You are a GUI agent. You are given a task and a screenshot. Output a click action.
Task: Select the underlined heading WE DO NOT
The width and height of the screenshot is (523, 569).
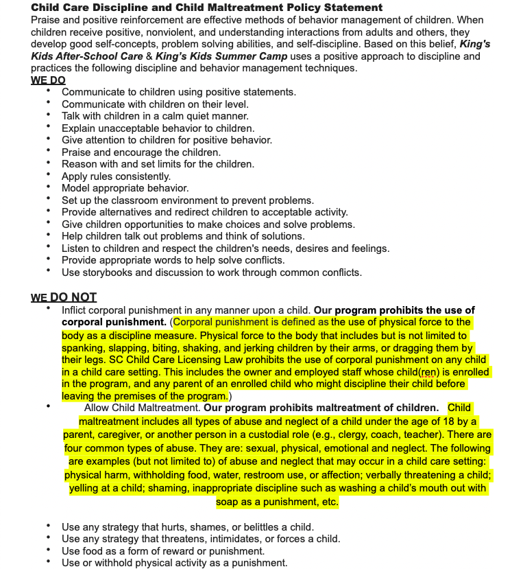click(64, 297)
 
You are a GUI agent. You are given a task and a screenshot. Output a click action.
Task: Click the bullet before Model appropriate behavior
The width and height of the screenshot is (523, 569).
click(49, 187)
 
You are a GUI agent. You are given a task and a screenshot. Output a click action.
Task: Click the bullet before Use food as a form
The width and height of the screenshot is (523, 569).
click(49, 550)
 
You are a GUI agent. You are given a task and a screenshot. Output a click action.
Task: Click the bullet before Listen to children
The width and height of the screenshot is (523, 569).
click(49, 247)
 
